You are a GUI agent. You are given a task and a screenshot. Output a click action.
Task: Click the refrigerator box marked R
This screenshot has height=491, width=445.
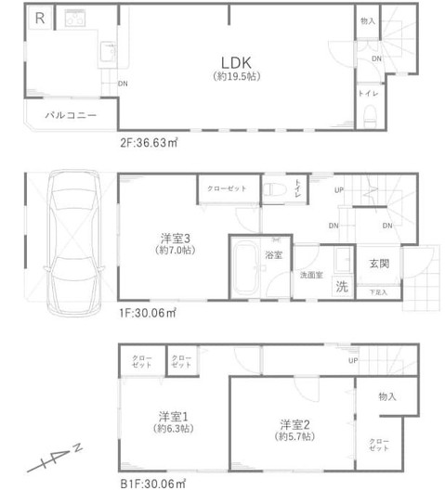click(39, 18)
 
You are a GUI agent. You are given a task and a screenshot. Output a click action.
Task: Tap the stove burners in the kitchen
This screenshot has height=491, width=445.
click(73, 17)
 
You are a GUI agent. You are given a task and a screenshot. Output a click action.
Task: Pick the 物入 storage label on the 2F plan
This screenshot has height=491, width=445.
click(368, 21)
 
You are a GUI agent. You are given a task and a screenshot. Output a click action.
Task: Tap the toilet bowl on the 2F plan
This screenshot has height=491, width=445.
click(369, 116)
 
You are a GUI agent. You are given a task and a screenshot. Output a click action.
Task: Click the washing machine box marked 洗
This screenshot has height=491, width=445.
click(341, 286)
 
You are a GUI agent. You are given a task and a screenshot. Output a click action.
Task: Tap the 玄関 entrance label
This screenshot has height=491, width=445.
click(378, 263)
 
